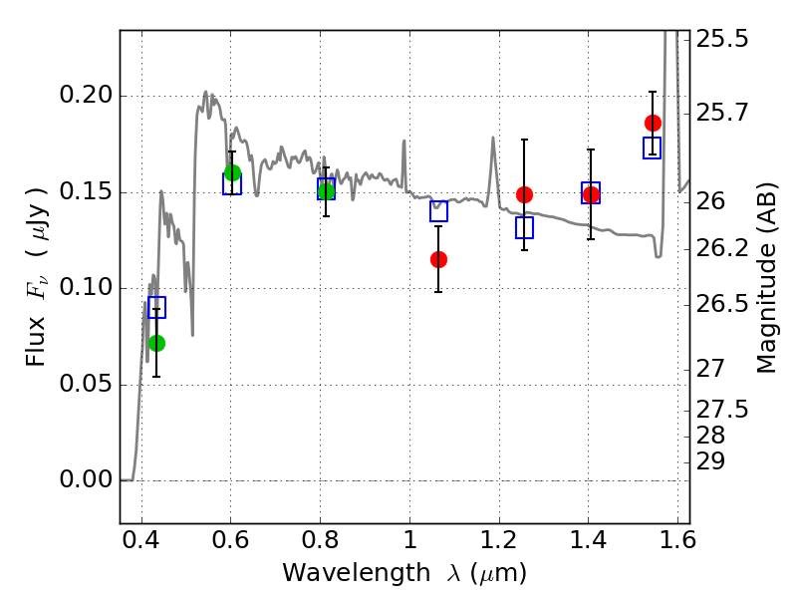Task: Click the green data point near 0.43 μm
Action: (157, 343)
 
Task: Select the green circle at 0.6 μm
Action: (232, 172)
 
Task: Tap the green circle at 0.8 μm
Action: (327, 191)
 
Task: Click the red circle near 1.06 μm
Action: (438, 260)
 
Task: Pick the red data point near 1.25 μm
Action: (525, 194)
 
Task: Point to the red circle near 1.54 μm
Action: (653, 123)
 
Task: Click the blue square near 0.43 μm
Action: (157, 308)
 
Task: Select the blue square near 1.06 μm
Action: (438, 211)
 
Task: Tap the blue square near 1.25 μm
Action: (525, 228)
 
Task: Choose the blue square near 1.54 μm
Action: (653, 148)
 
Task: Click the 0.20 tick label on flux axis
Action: (86, 95)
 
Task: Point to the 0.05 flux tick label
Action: (86, 384)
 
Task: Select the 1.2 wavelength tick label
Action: (499, 540)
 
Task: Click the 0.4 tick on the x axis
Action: (141, 540)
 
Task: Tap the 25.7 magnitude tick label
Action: (722, 113)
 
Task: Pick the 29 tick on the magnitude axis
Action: (710, 462)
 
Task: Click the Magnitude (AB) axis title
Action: (766, 278)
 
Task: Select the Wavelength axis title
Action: (404, 574)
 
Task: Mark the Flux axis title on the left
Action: (37, 277)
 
